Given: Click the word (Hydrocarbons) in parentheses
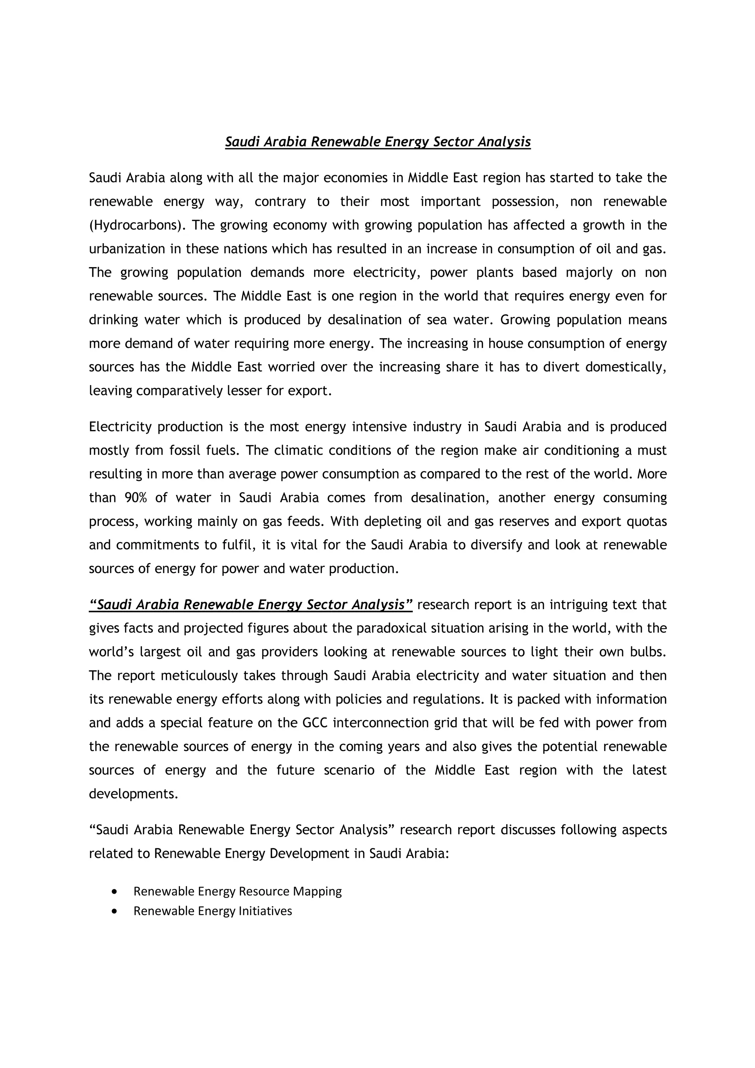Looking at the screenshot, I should (136, 225).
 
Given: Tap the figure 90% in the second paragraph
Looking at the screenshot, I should (135, 498).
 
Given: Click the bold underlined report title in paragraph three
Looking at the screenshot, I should (251, 605).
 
